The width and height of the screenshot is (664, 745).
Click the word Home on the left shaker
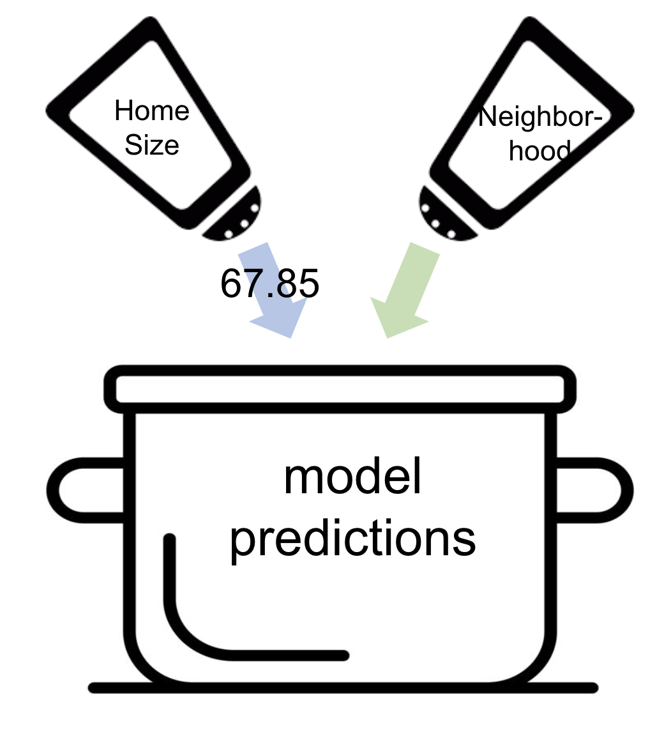tap(152, 111)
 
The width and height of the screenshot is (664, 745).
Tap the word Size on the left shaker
tap(152, 145)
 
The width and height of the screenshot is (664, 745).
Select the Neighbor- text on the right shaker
tap(539, 118)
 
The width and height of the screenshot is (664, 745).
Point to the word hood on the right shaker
tap(539, 151)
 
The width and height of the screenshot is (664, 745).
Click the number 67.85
tap(269, 283)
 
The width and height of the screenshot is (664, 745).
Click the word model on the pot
tap(352, 477)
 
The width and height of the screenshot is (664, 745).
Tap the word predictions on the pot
tap(352, 539)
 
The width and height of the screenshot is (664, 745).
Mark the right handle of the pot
tap(596, 490)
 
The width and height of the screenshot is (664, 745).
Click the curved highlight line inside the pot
tap(192, 633)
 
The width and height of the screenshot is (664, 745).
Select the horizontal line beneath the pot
tap(343, 688)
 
